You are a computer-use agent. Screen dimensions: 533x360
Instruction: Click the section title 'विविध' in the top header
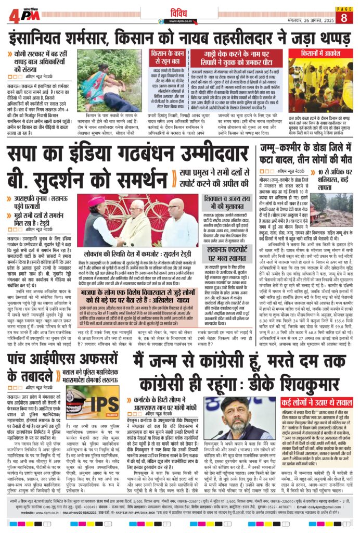178,10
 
